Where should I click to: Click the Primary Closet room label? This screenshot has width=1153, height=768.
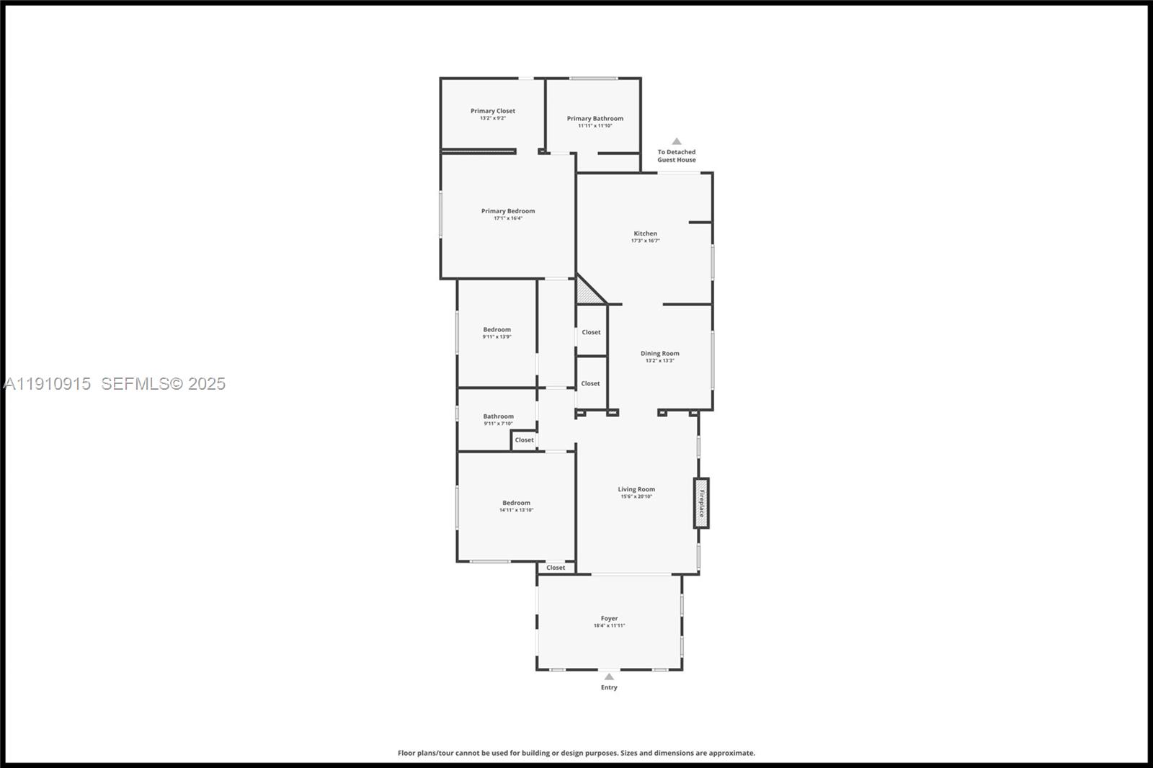493,111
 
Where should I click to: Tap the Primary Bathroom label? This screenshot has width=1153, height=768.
595,118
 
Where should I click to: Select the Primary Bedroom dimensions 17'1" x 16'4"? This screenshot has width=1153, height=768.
508,218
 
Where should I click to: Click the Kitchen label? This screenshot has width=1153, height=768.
645,233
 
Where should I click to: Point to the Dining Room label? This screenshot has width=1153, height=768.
659,353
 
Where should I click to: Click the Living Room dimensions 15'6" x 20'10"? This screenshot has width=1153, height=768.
636,496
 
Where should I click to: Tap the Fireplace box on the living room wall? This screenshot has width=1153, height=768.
701,503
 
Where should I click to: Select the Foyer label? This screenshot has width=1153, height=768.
609,618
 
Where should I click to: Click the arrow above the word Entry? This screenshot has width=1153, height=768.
609,677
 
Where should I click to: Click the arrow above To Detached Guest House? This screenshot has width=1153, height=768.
676,141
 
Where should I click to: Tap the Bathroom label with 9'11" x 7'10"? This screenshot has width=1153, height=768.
498,416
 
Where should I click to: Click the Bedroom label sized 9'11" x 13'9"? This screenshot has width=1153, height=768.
497,329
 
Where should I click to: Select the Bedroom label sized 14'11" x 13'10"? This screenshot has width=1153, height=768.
516,503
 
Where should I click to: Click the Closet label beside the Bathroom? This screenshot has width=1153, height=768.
524,439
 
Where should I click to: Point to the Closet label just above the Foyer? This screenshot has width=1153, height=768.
556,568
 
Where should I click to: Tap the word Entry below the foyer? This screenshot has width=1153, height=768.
609,687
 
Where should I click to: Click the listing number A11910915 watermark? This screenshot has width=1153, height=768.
48,384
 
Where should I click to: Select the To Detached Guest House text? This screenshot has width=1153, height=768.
676,156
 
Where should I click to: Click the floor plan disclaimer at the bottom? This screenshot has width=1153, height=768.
576,753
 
